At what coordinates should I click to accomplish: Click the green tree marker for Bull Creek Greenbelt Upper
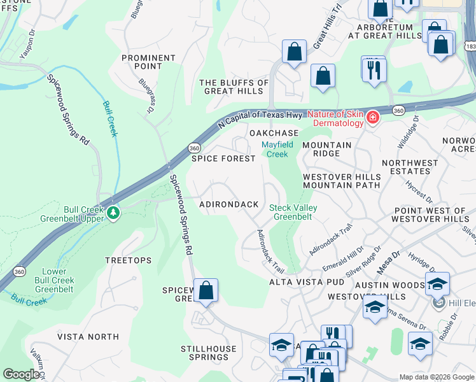(114, 212)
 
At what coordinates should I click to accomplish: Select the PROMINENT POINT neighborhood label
(149, 62)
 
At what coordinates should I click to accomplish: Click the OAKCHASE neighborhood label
(274, 132)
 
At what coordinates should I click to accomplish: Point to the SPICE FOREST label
(223, 159)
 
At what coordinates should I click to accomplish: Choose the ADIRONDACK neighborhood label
(229, 204)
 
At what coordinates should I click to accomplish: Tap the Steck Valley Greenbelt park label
(293, 212)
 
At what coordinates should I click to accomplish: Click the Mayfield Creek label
(277, 149)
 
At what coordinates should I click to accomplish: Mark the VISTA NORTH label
(88, 336)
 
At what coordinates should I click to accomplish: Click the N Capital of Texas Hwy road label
(260, 118)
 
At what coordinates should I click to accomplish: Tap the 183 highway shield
(470, 47)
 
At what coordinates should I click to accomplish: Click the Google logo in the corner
(21, 374)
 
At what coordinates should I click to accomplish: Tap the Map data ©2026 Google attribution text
(436, 377)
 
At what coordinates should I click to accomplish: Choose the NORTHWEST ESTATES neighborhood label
(410, 167)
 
